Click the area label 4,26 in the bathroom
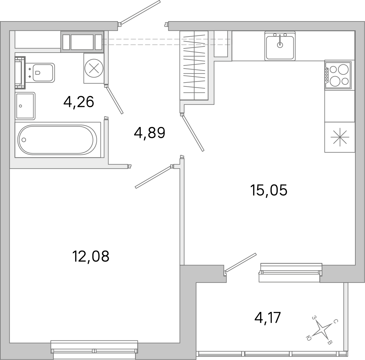click(x=79, y=102)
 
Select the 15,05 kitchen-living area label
click(x=268, y=190)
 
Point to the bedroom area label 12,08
click(x=90, y=257)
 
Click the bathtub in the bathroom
click(x=57, y=140)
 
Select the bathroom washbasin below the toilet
click(x=25, y=106)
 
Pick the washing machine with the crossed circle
click(x=94, y=68)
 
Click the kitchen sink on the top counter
click(x=280, y=46)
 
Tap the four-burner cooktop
click(x=338, y=75)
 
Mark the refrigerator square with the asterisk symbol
click(x=340, y=137)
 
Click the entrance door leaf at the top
click(x=140, y=12)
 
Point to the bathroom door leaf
click(x=115, y=100)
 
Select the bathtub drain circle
click(x=23, y=140)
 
